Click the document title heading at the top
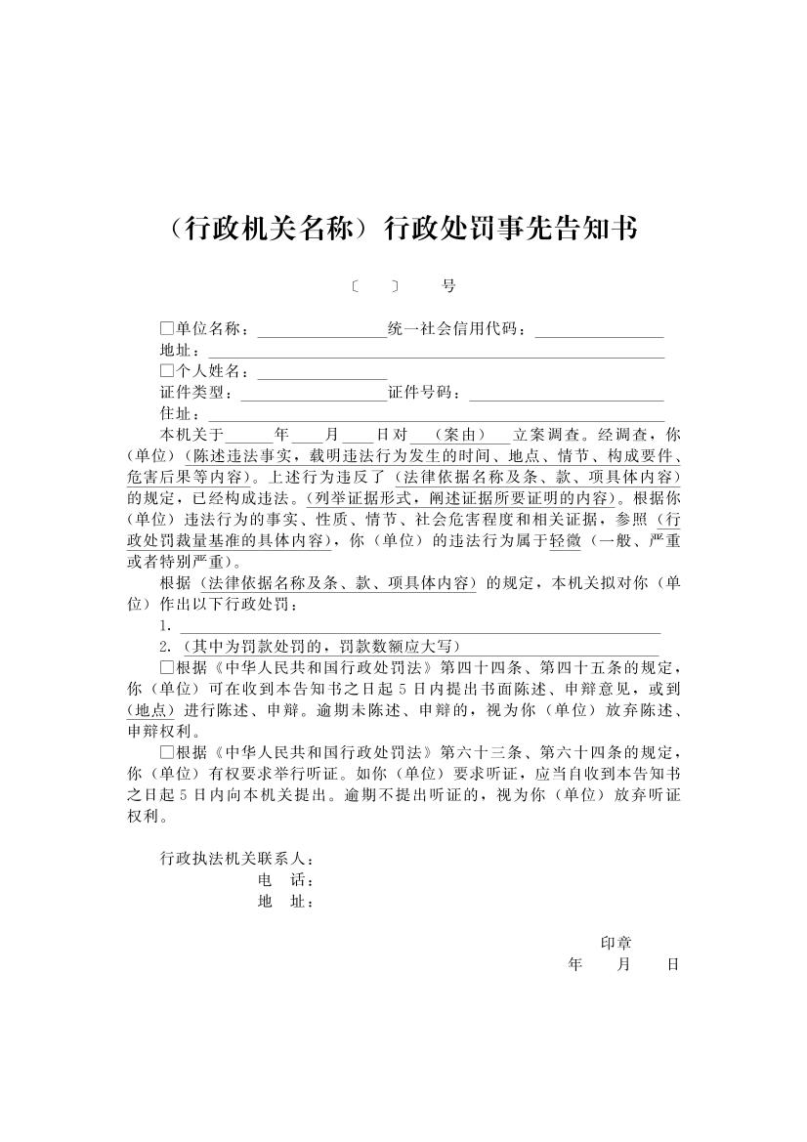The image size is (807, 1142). pos(403,229)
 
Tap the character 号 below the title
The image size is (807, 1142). pos(448,286)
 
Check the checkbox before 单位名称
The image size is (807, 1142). pos(166,328)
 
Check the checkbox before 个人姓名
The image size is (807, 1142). pos(166,371)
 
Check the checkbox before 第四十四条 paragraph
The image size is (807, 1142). pos(166,668)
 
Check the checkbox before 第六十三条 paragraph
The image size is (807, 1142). pos(166,753)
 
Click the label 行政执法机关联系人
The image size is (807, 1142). pos(237,860)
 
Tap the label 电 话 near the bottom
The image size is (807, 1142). pos(284,881)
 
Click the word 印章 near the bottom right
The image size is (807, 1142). pos(616,943)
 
